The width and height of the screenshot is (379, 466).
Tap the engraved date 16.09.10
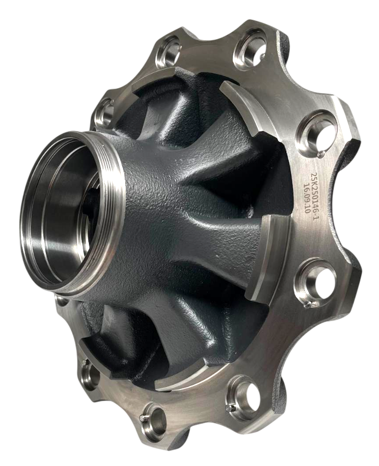[x=306, y=195]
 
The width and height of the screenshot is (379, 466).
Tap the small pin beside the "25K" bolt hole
[x=320, y=154]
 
